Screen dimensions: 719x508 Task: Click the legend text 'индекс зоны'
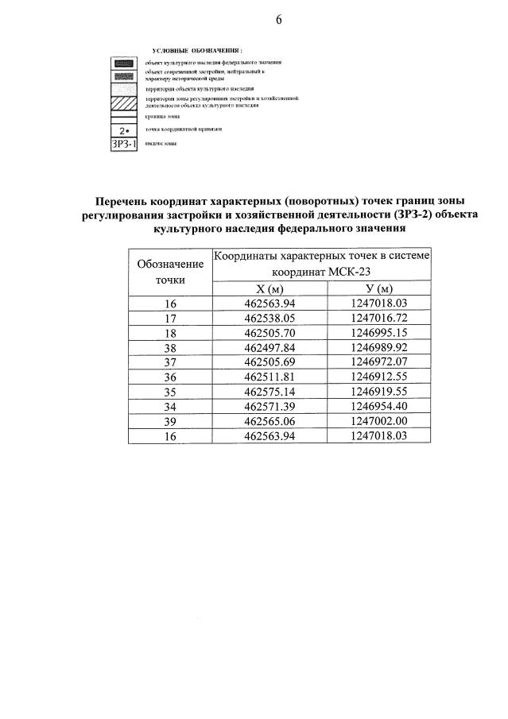[x=161, y=143]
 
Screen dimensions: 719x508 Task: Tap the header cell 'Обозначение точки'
[x=170, y=272]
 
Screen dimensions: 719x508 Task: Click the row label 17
[x=170, y=317]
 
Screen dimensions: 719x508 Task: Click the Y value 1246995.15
[x=378, y=331]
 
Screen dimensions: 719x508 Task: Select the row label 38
[x=170, y=346]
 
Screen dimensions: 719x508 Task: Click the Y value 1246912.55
[x=378, y=376]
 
